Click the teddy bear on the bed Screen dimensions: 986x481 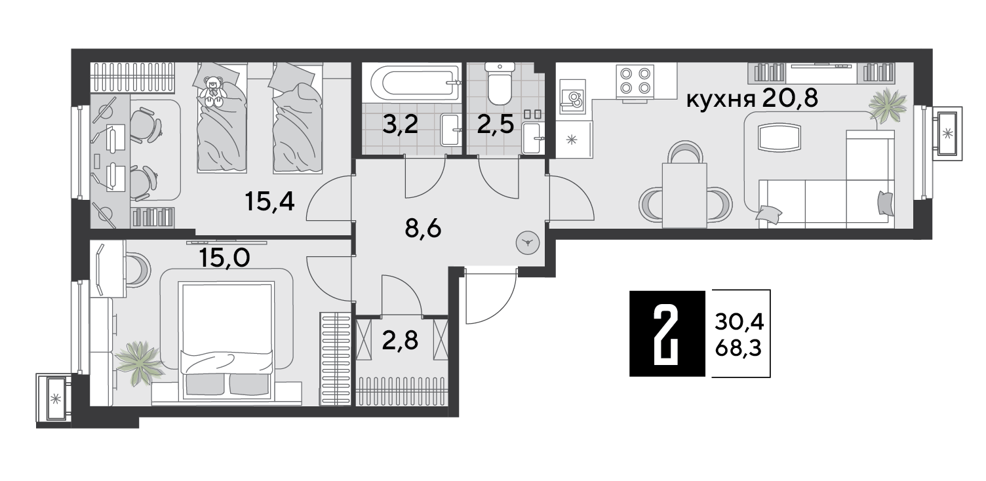pos(213,92)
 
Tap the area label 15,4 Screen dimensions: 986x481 pos(270,202)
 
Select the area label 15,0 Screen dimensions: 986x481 pos(224,258)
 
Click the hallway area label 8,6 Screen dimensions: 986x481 pos(423,229)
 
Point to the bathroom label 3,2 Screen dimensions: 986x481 pos(400,125)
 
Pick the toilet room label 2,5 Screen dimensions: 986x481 pos(495,125)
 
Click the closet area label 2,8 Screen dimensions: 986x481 pos(400,341)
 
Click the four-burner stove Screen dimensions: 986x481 pos(635,80)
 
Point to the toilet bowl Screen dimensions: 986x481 pos(500,84)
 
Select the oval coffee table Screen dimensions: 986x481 pos(779,137)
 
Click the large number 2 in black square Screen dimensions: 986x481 pos(667,334)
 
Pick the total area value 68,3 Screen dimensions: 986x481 pos(739,349)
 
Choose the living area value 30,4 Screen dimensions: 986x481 pos(739,322)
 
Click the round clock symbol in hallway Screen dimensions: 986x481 pos(527,242)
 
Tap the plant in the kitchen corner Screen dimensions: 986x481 pos(888,106)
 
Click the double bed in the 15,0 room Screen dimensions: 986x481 pos(227,341)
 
